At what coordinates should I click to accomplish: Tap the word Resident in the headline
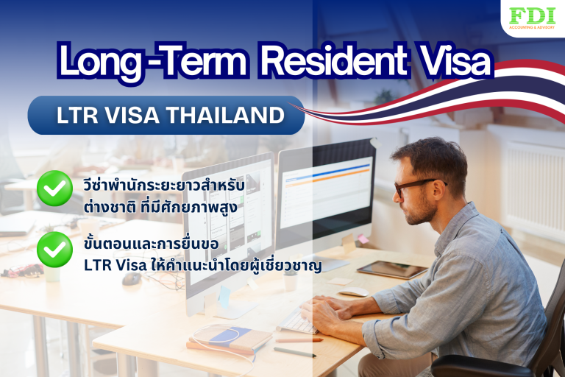(x=343, y=63)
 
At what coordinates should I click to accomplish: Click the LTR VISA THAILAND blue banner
(x=166, y=116)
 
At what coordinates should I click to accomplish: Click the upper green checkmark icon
(x=54, y=188)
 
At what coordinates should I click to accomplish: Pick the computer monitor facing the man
(x=324, y=199)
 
